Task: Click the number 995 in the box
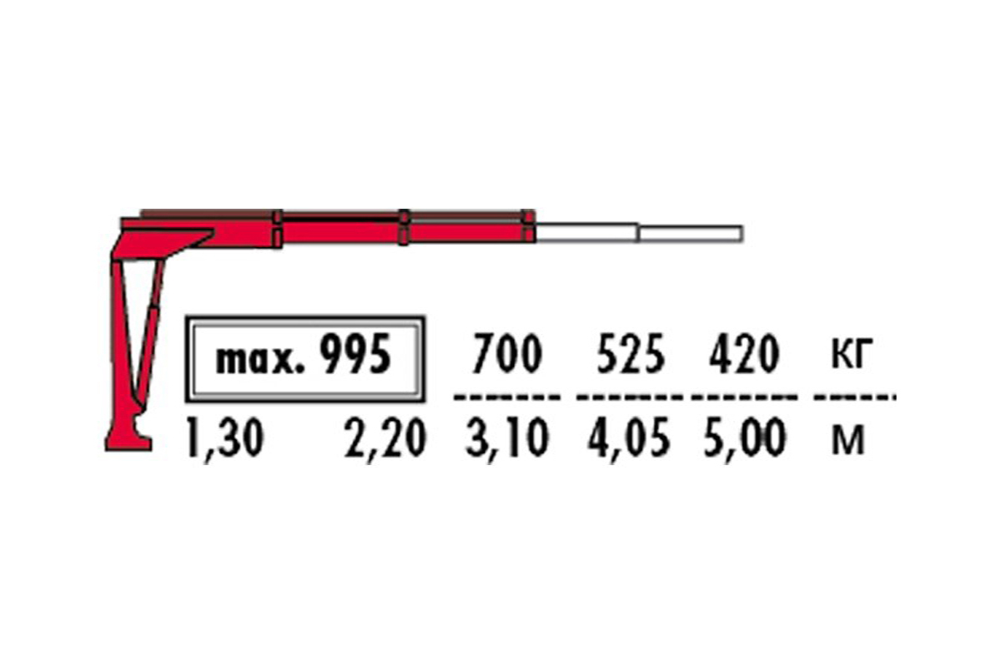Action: pos(356,357)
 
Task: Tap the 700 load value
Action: pos(506,355)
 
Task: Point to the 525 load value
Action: pos(631,355)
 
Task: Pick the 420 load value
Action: pos(744,355)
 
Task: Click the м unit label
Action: pos(848,442)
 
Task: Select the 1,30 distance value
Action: pos(224,440)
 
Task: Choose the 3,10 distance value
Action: pos(506,440)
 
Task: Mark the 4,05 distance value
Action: pos(628,440)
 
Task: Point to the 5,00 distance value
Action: pos(745,440)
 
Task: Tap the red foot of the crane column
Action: pos(128,438)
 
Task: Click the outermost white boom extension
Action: pos(691,233)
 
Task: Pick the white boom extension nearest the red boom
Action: pos(586,232)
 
